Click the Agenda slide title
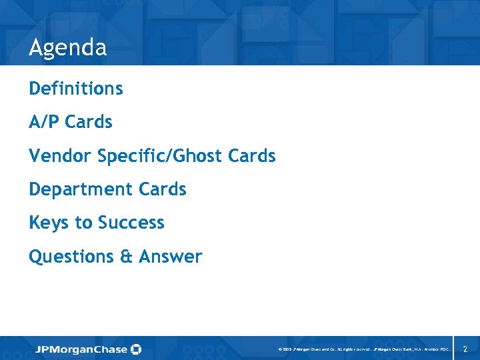(67, 47)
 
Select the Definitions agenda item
(75, 88)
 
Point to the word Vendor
(60, 156)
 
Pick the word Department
(81, 189)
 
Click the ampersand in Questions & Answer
(126, 257)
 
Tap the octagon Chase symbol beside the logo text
(137, 349)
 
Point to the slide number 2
(465, 349)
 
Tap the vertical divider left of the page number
(453, 348)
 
